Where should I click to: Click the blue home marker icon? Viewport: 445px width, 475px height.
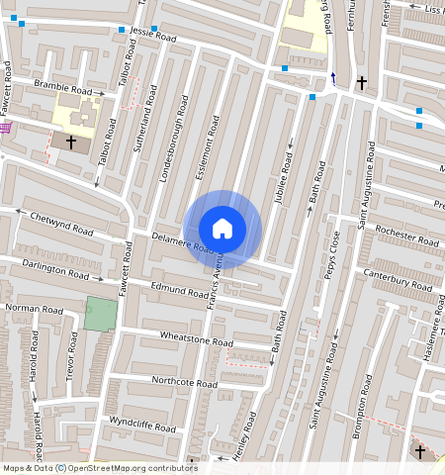[x=222, y=228]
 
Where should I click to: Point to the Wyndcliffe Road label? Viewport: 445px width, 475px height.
[x=142, y=427]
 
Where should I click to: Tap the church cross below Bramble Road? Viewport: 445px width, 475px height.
[x=70, y=142]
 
